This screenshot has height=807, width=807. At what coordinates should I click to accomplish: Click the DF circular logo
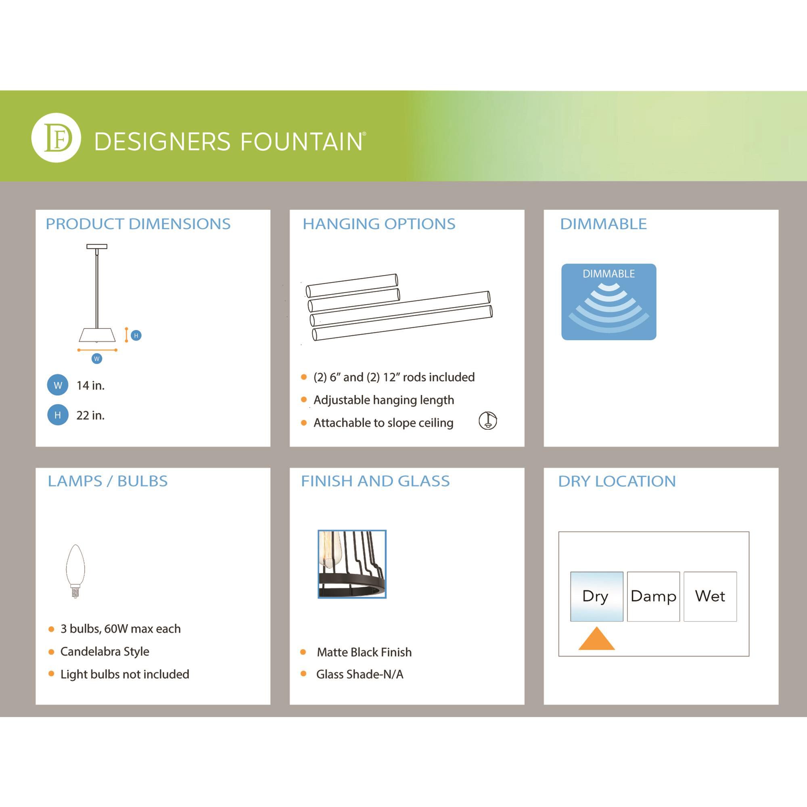point(56,138)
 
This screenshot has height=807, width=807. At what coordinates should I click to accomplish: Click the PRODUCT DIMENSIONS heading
point(138,224)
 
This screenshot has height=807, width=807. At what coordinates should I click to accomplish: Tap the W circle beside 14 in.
point(58,385)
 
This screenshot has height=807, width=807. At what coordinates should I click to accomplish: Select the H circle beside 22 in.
point(58,415)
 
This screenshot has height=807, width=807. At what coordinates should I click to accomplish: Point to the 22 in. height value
point(90,415)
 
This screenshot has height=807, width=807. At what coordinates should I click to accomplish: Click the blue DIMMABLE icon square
point(608,301)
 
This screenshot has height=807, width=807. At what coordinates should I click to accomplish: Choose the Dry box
point(596,596)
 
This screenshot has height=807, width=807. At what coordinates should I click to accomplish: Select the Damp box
point(653,596)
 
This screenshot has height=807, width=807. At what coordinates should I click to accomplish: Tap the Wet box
point(710,596)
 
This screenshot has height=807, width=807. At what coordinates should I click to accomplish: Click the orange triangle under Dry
point(596,639)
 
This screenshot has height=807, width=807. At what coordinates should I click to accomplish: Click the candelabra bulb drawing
point(75,571)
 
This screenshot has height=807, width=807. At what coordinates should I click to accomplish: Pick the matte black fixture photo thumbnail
point(352,564)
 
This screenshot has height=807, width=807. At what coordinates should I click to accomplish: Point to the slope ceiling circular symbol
point(487,420)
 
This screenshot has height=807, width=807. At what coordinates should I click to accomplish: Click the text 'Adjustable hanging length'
point(383,400)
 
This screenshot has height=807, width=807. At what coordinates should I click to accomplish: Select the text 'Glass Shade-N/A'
point(360,674)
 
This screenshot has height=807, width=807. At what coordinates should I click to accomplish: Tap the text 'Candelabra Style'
point(105,651)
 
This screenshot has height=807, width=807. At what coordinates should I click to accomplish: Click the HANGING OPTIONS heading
point(379,224)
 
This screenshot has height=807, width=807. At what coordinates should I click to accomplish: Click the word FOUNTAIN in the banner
point(301,142)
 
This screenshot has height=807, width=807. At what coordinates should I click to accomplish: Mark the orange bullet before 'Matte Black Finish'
point(303,652)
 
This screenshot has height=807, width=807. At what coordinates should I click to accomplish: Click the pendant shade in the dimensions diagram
point(97,335)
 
